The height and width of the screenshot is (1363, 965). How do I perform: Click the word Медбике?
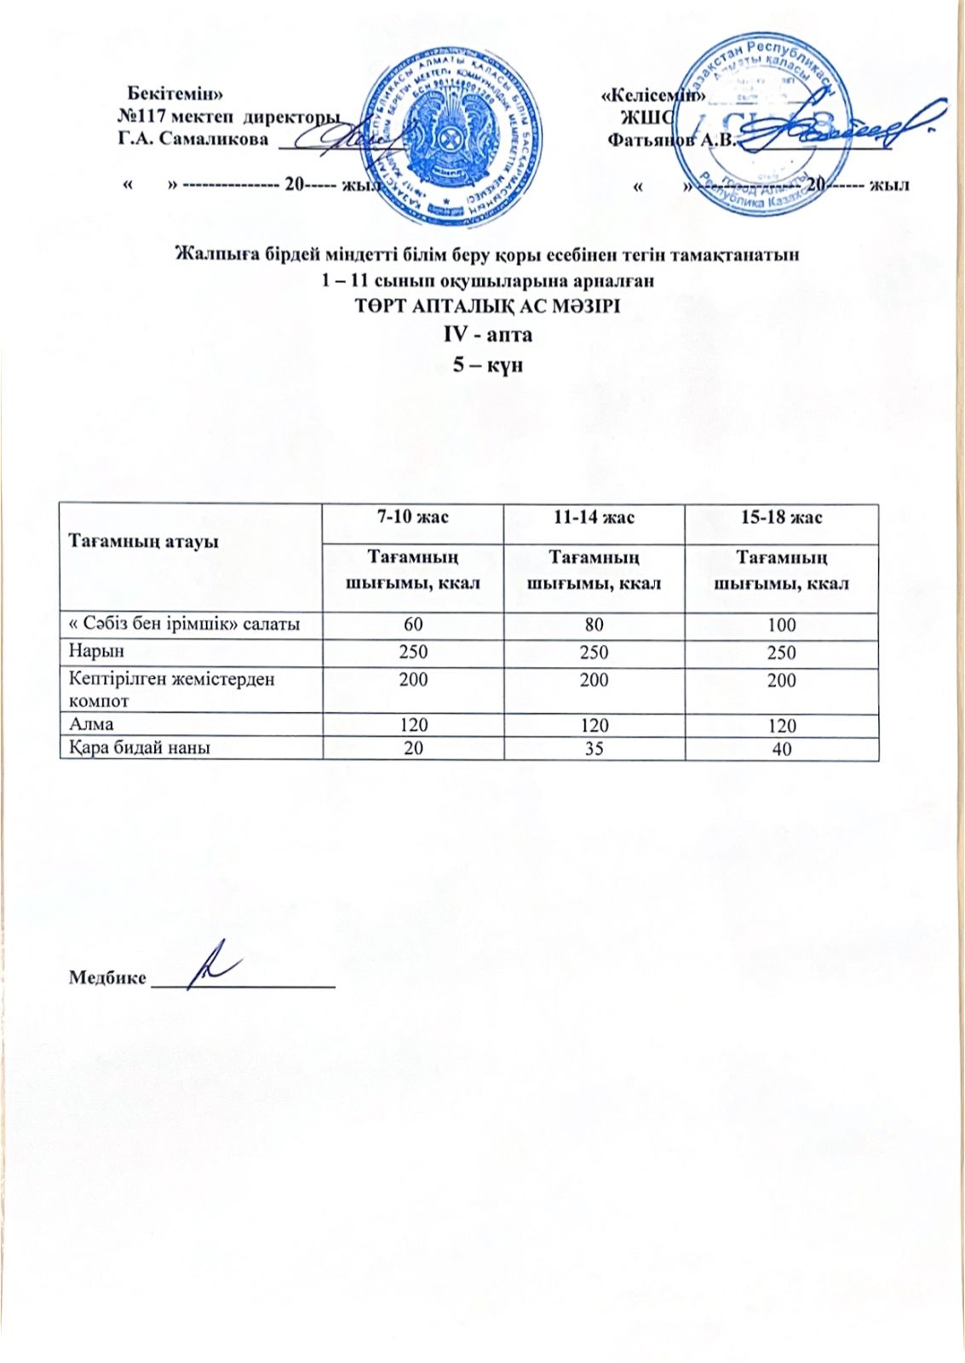107,976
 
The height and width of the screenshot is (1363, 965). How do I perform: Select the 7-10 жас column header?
413,517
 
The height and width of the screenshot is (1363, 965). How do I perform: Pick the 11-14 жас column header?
594,517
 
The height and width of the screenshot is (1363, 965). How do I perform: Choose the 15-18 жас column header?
781,517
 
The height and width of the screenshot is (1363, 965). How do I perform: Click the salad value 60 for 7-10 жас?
413,624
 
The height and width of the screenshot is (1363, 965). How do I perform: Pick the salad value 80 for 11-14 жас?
594,624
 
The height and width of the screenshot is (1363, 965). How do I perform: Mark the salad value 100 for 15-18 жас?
781,624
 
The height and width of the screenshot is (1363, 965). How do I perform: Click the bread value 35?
594,749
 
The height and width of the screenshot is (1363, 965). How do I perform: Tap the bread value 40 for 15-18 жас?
781,750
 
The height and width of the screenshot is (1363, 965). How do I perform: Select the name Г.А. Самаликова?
192,139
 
